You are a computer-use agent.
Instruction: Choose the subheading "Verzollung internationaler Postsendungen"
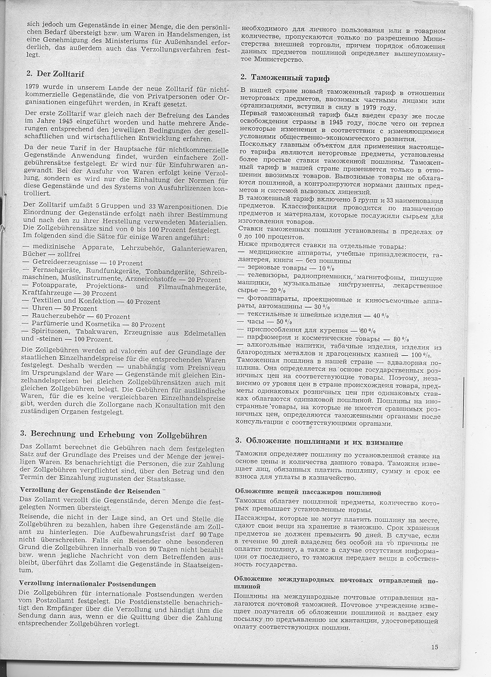87,583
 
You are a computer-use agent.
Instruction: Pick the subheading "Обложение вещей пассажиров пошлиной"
308,492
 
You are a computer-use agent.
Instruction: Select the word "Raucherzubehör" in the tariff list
54,317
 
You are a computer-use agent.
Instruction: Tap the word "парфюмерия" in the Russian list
271,339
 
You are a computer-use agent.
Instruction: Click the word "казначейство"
339,478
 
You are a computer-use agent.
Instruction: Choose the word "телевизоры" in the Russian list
267,277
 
